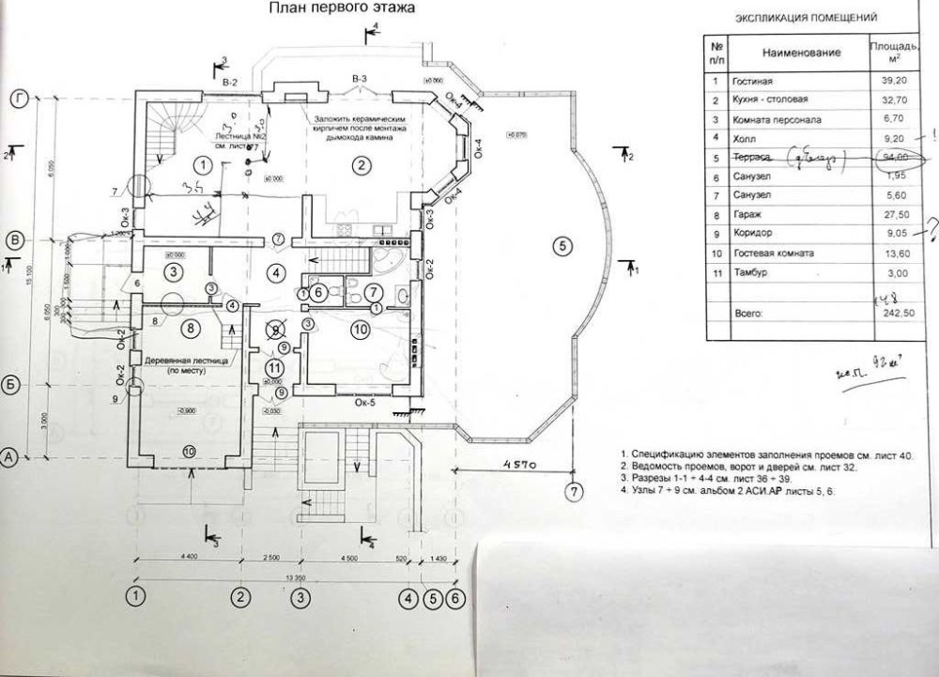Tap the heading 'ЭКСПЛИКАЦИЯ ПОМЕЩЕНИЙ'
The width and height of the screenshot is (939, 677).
pos(806,18)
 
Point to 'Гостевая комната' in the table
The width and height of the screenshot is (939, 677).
pos(778,254)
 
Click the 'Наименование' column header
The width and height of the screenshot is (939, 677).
pos(801,53)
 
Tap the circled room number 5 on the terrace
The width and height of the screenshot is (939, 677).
pos(561,246)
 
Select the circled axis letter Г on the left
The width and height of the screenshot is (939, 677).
pos(18,97)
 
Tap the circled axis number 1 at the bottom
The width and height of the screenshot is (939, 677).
pos(137,596)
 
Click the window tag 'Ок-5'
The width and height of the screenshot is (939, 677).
pos(367,405)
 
